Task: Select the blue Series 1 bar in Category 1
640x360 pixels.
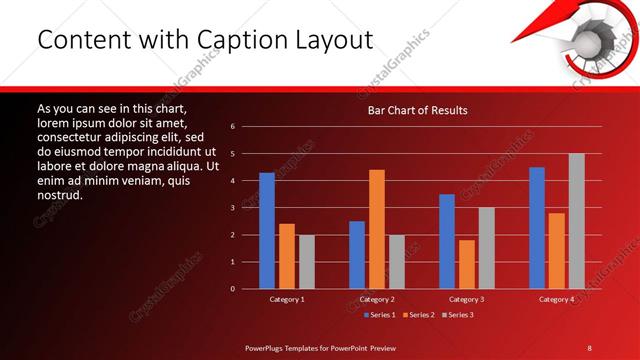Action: pos(267,230)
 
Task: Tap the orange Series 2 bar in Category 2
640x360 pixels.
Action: pos(377,229)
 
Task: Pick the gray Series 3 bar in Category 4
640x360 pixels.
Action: pos(576,221)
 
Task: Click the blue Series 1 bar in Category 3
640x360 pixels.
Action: pos(447,241)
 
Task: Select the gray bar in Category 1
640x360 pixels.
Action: pos(306,262)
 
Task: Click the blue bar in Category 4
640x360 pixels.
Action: pos(537,227)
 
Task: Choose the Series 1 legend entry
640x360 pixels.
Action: pos(377,315)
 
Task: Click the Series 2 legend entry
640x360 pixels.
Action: pos(418,315)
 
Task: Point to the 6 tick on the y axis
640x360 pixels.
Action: pos(232,127)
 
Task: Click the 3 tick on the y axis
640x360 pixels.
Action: pos(232,208)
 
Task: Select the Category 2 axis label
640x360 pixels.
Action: pos(377,299)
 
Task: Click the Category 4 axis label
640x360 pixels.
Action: pos(557,299)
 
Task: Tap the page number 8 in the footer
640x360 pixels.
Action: pos(590,347)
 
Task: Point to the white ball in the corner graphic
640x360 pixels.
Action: pos(584,43)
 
